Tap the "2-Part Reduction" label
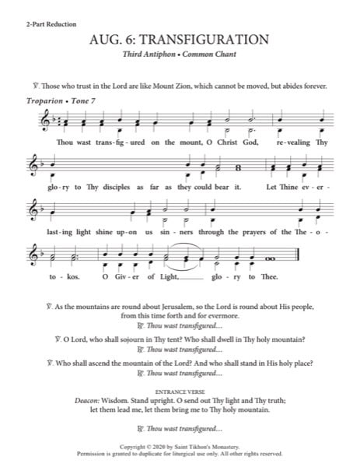click(50, 25)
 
